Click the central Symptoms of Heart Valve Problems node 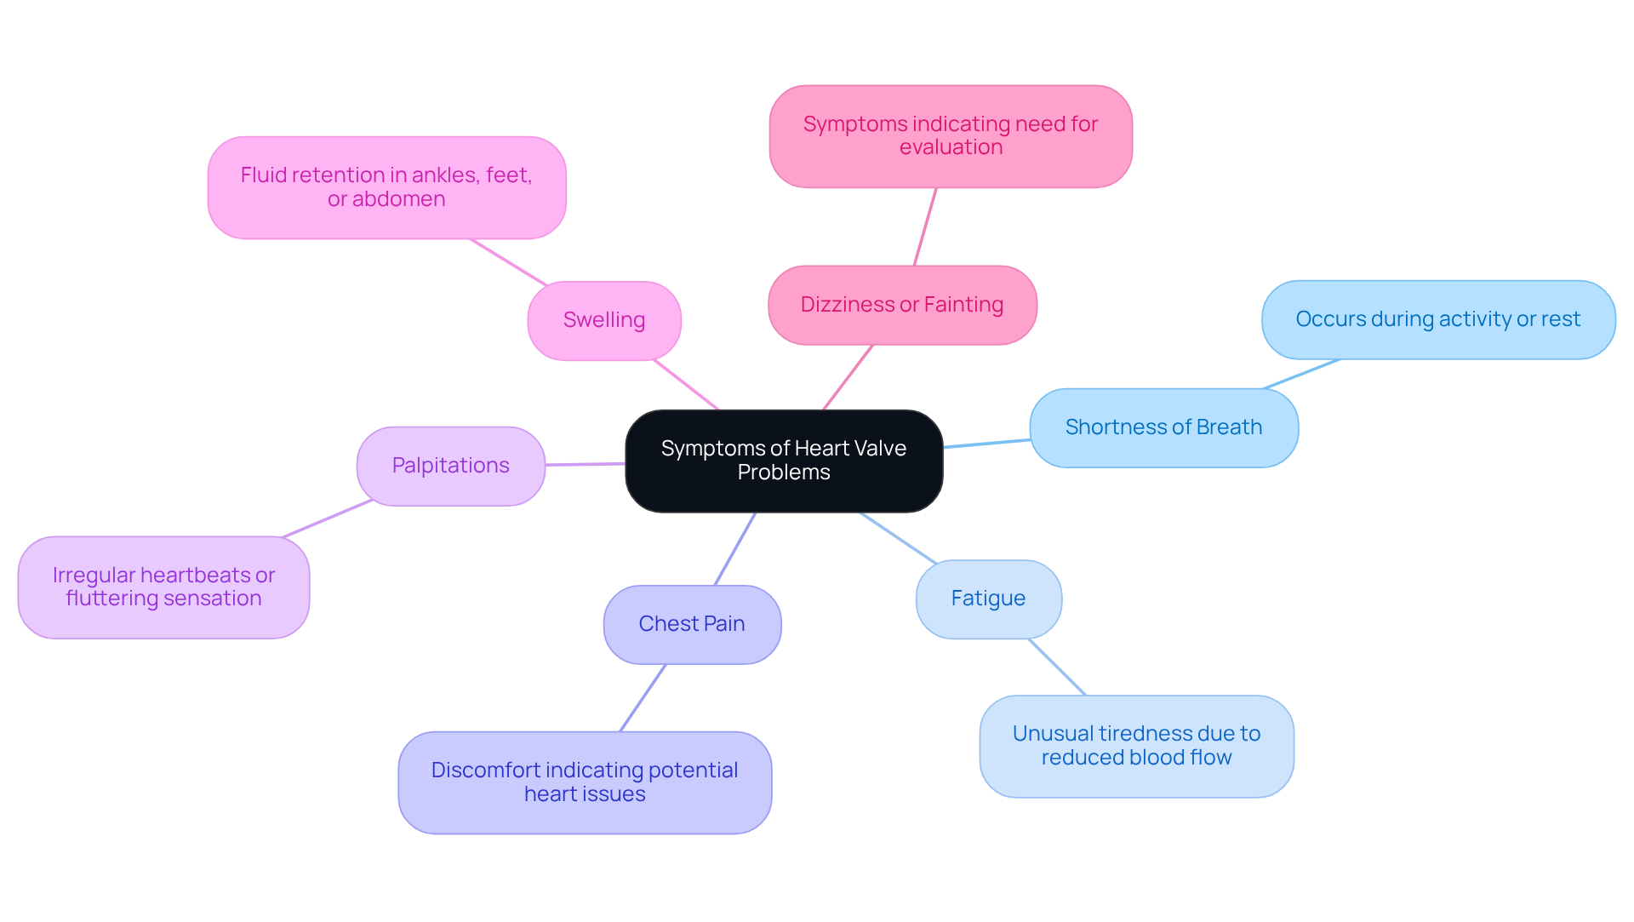click(x=783, y=461)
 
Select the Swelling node click(x=603, y=320)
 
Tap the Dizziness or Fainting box click(x=901, y=305)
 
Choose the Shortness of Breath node click(x=1163, y=427)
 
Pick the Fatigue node click(x=987, y=598)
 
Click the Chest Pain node click(x=691, y=624)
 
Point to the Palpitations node click(x=450, y=466)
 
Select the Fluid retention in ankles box click(x=386, y=187)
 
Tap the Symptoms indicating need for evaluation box click(x=950, y=136)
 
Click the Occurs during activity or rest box click(x=1437, y=319)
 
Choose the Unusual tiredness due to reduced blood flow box click(x=1135, y=746)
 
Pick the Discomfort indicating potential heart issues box click(x=584, y=782)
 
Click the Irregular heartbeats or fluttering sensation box click(x=163, y=587)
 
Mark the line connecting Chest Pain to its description click(x=643, y=698)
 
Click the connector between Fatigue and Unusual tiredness click(x=1057, y=667)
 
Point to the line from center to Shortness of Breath click(x=987, y=444)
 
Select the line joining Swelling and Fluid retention click(x=508, y=262)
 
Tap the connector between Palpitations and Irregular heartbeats click(x=328, y=518)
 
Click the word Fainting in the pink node click(x=963, y=305)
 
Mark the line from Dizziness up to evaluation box click(x=925, y=226)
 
